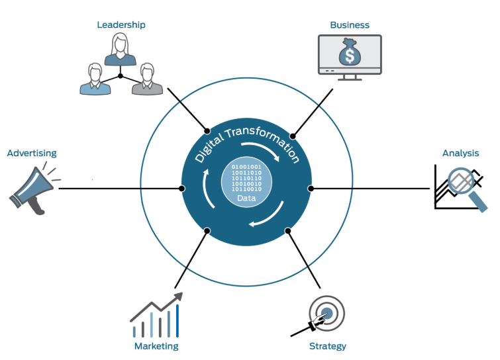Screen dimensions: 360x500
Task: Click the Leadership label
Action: (x=121, y=25)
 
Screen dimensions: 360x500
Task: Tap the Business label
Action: (x=350, y=25)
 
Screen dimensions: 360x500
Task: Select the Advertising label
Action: (x=32, y=153)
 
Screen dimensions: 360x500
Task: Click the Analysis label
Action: (x=460, y=153)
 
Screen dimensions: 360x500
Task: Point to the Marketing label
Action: (x=156, y=346)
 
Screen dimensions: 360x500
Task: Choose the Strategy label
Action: (x=327, y=346)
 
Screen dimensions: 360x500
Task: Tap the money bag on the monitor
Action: (x=350, y=53)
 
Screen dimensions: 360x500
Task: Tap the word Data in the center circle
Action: (x=246, y=198)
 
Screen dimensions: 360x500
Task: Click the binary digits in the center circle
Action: (x=246, y=177)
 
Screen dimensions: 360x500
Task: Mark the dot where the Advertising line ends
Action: (x=182, y=189)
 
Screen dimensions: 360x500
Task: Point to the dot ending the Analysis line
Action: (x=311, y=189)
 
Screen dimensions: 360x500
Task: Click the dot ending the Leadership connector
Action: (x=207, y=130)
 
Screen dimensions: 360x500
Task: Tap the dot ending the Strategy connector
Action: (x=288, y=231)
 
